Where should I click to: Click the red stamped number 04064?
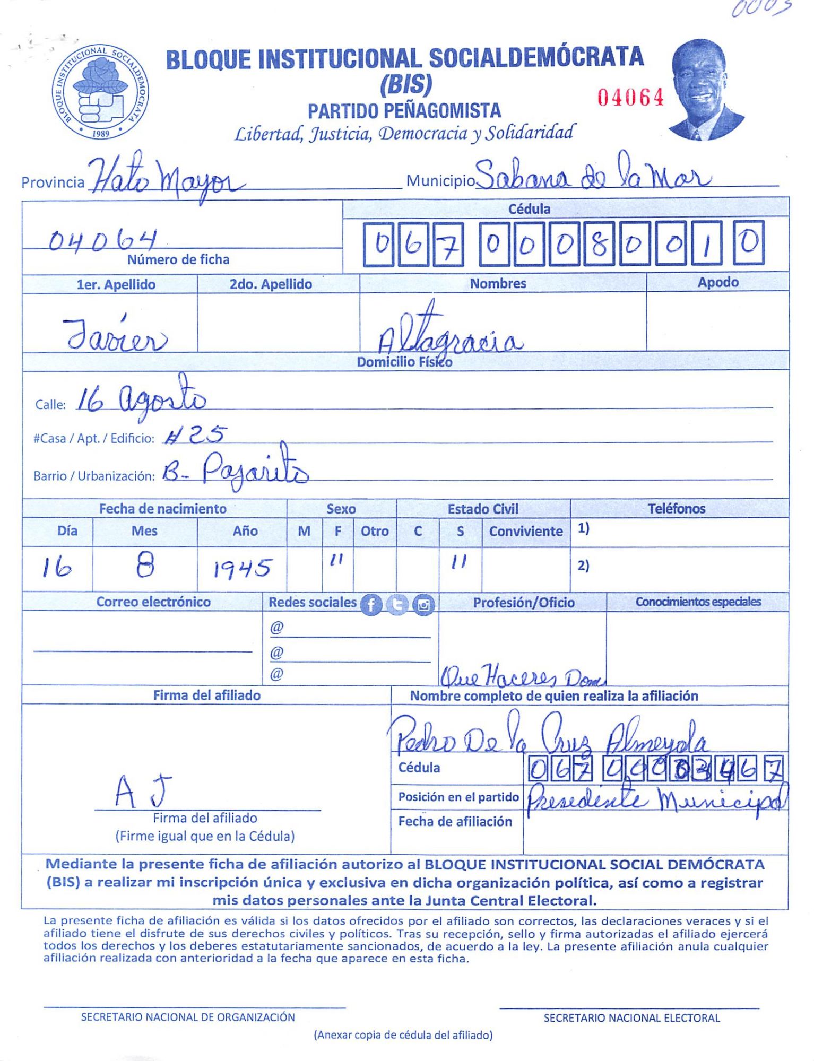[630, 98]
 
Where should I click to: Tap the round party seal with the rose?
[100, 92]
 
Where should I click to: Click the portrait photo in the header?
[705, 90]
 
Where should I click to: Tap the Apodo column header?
[717, 282]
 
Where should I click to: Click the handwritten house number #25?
[194, 437]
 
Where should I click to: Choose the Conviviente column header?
[525, 531]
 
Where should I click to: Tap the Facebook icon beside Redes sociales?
[371, 604]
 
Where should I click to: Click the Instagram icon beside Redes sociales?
[423, 604]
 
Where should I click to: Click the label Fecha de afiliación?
[455, 822]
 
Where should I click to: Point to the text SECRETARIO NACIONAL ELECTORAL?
[631, 1018]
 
